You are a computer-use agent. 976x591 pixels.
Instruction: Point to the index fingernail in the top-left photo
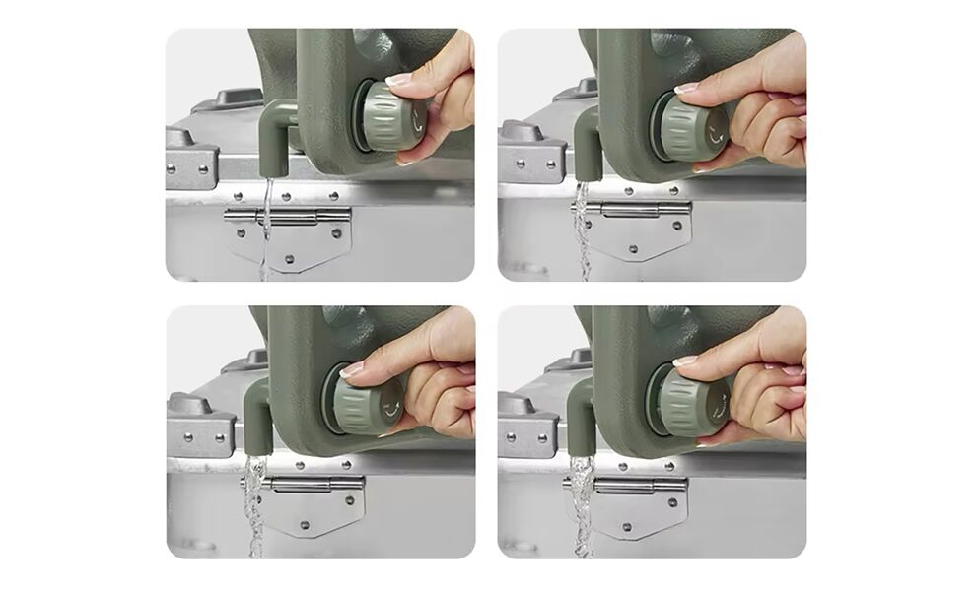pyautogui.click(x=398, y=78)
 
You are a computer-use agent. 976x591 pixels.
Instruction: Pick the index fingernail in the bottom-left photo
pyautogui.click(x=351, y=369)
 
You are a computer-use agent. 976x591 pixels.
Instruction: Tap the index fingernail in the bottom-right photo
pyautogui.click(x=685, y=361)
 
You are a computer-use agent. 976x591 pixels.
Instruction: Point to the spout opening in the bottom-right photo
pyautogui.click(x=581, y=451)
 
